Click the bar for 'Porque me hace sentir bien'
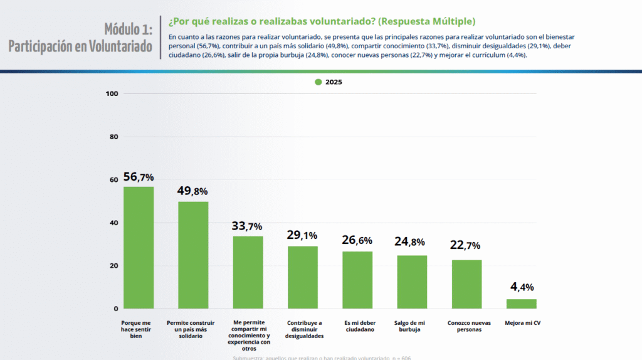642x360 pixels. (x=139, y=248)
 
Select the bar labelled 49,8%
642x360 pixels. (x=193, y=255)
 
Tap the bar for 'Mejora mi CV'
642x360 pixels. (x=522, y=304)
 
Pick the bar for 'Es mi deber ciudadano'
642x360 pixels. (x=357, y=280)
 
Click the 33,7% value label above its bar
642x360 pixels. (x=247, y=226)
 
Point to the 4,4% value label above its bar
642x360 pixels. (x=522, y=287)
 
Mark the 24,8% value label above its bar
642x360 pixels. (x=412, y=242)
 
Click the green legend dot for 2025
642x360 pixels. (x=318, y=82)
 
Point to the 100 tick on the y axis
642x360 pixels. (x=112, y=94)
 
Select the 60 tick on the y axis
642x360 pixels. (x=114, y=180)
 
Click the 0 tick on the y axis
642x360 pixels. (x=116, y=309)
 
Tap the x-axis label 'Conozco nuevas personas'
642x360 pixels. (x=466, y=327)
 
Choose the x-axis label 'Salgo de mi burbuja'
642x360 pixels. (x=412, y=327)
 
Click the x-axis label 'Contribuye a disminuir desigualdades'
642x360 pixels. (x=303, y=330)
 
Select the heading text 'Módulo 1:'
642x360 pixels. (x=128, y=29)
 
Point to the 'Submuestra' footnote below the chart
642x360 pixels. (x=322, y=357)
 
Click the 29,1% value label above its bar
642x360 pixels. (x=302, y=236)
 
